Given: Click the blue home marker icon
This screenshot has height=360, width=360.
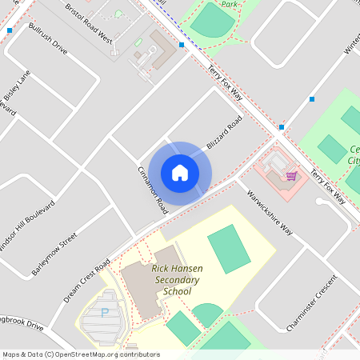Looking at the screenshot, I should click(180, 173).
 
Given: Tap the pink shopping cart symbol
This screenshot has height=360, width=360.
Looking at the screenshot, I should click(292, 175).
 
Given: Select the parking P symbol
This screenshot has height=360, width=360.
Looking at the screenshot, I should click(104, 314).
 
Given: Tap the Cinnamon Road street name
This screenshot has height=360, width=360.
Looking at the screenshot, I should click(152, 190).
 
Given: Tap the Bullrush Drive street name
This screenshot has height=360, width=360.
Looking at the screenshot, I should click(48, 37).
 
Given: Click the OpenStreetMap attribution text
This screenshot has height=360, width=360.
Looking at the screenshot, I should click(80, 354).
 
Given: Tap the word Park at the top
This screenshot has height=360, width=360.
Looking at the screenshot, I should click(231, 4).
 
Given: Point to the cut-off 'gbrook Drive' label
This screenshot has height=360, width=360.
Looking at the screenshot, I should click(20, 323).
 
